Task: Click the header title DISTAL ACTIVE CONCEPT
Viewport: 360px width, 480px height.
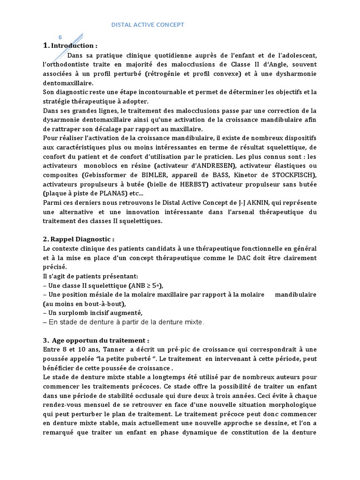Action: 148,24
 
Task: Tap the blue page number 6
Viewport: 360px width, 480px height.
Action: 60,37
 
